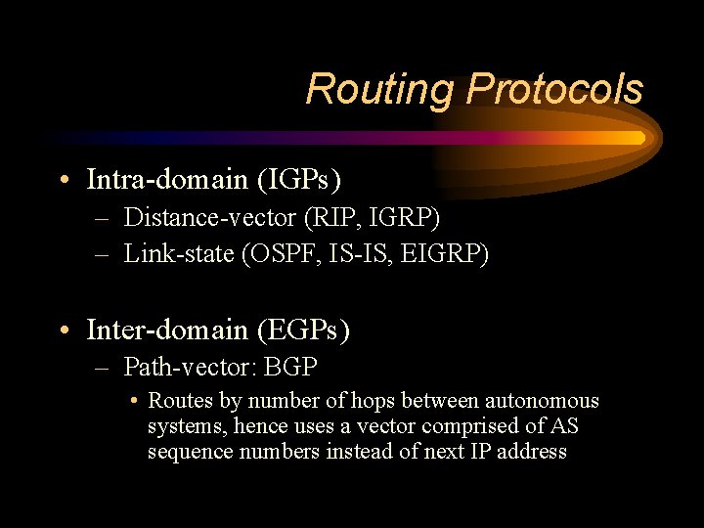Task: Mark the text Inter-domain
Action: [x=167, y=330]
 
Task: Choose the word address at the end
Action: [x=532, y=452]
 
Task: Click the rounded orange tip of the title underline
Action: [x=640, y=139]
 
